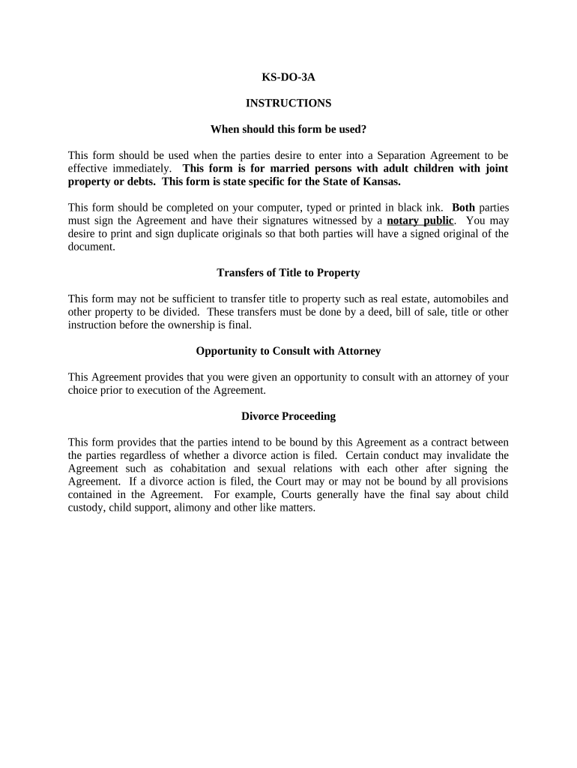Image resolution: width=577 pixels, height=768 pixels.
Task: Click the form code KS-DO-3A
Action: [288, 76]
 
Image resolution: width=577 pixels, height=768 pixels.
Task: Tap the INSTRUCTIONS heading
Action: [288, 103]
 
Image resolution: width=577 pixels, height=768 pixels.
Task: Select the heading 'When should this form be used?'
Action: [288, 129]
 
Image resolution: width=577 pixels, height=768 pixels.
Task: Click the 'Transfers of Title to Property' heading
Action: [288, 272]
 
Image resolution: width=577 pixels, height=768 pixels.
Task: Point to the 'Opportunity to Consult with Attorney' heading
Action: [288, 351]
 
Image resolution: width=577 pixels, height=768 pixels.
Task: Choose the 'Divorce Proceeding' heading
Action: [288, 416]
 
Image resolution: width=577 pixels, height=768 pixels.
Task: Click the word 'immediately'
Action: [143, 169]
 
